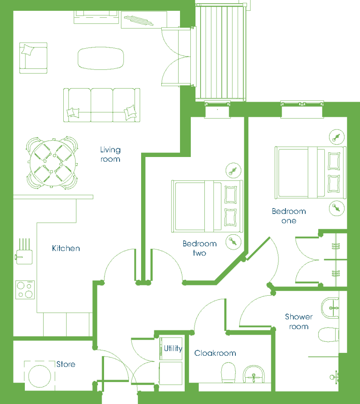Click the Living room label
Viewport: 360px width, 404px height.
point(110,154)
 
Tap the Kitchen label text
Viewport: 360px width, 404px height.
point(66,248)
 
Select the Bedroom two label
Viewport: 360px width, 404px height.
point(200,248)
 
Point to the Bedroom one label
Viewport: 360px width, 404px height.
point(289,216)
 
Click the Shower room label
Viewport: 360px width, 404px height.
point(299,322)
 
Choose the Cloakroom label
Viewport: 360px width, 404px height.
point(215,353)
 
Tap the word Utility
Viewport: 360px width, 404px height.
point(173,349)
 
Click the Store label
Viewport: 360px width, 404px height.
point(66,364)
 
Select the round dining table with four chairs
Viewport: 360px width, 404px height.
point(52,163)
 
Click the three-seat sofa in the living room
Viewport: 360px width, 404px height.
point(102,105)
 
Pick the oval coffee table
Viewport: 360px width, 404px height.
point(101,58)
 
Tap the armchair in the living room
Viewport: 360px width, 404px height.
point(33,58)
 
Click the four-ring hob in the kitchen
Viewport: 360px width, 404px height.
point(25,290)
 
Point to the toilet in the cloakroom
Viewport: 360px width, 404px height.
point(228,373)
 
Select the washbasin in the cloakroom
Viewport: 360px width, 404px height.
point(254,374)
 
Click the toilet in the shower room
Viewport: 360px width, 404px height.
point(329,335)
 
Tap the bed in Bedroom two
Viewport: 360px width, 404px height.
point(207,206)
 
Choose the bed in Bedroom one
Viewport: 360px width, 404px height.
point(310,172)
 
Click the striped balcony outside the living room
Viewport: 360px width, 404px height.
point(221,52)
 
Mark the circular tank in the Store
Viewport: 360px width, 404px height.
point(40,376)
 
